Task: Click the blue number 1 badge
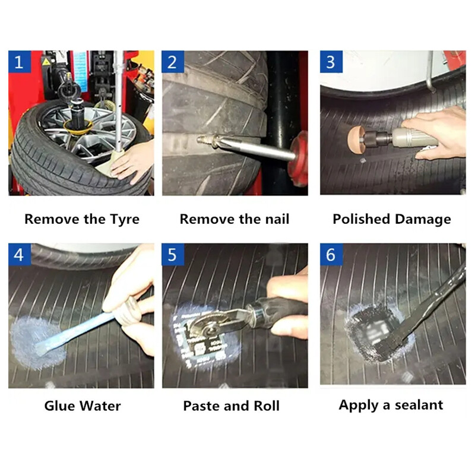pos(19,61)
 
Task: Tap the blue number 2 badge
pos(173,61)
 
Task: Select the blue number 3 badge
pos(331,61)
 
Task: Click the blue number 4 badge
pos(19,254)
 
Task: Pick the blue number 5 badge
pos(173,254)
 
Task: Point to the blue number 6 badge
pos(331,254)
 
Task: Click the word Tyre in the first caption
pos(123,219)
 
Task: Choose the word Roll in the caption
pos(265,406)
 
